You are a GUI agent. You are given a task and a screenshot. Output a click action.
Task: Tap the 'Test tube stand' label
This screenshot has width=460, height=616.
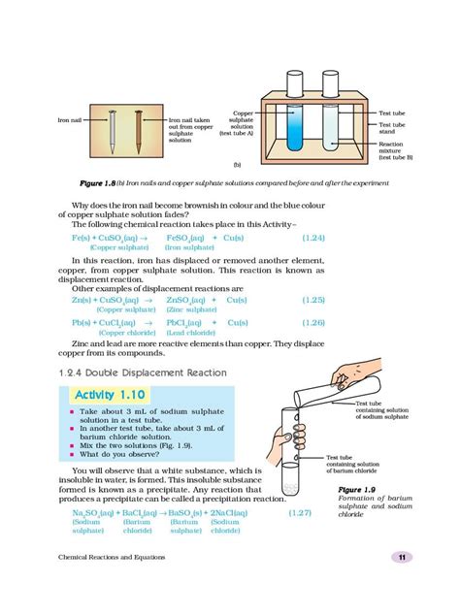(x=392, y=128)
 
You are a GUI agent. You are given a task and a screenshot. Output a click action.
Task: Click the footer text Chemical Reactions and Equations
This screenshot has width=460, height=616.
(x=111, y=584)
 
